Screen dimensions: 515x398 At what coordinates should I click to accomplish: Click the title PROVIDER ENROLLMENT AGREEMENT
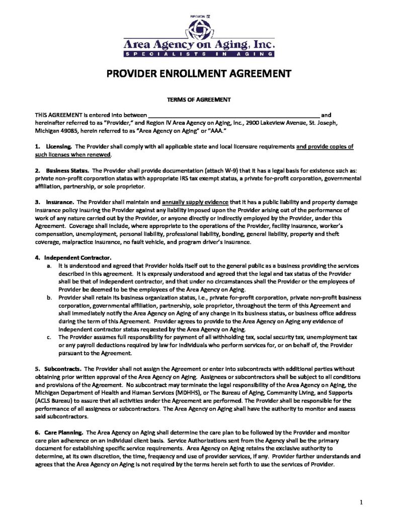click(199, 73)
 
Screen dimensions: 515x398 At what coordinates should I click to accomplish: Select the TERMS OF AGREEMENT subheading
click(199, 100)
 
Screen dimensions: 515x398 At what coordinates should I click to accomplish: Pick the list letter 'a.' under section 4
click(48, 265)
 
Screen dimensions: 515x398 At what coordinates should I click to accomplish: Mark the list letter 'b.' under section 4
click(48, 297)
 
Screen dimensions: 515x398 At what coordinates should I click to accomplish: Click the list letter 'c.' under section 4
click(48, 337)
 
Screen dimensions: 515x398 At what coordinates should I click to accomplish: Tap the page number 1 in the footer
click(361, 502)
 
